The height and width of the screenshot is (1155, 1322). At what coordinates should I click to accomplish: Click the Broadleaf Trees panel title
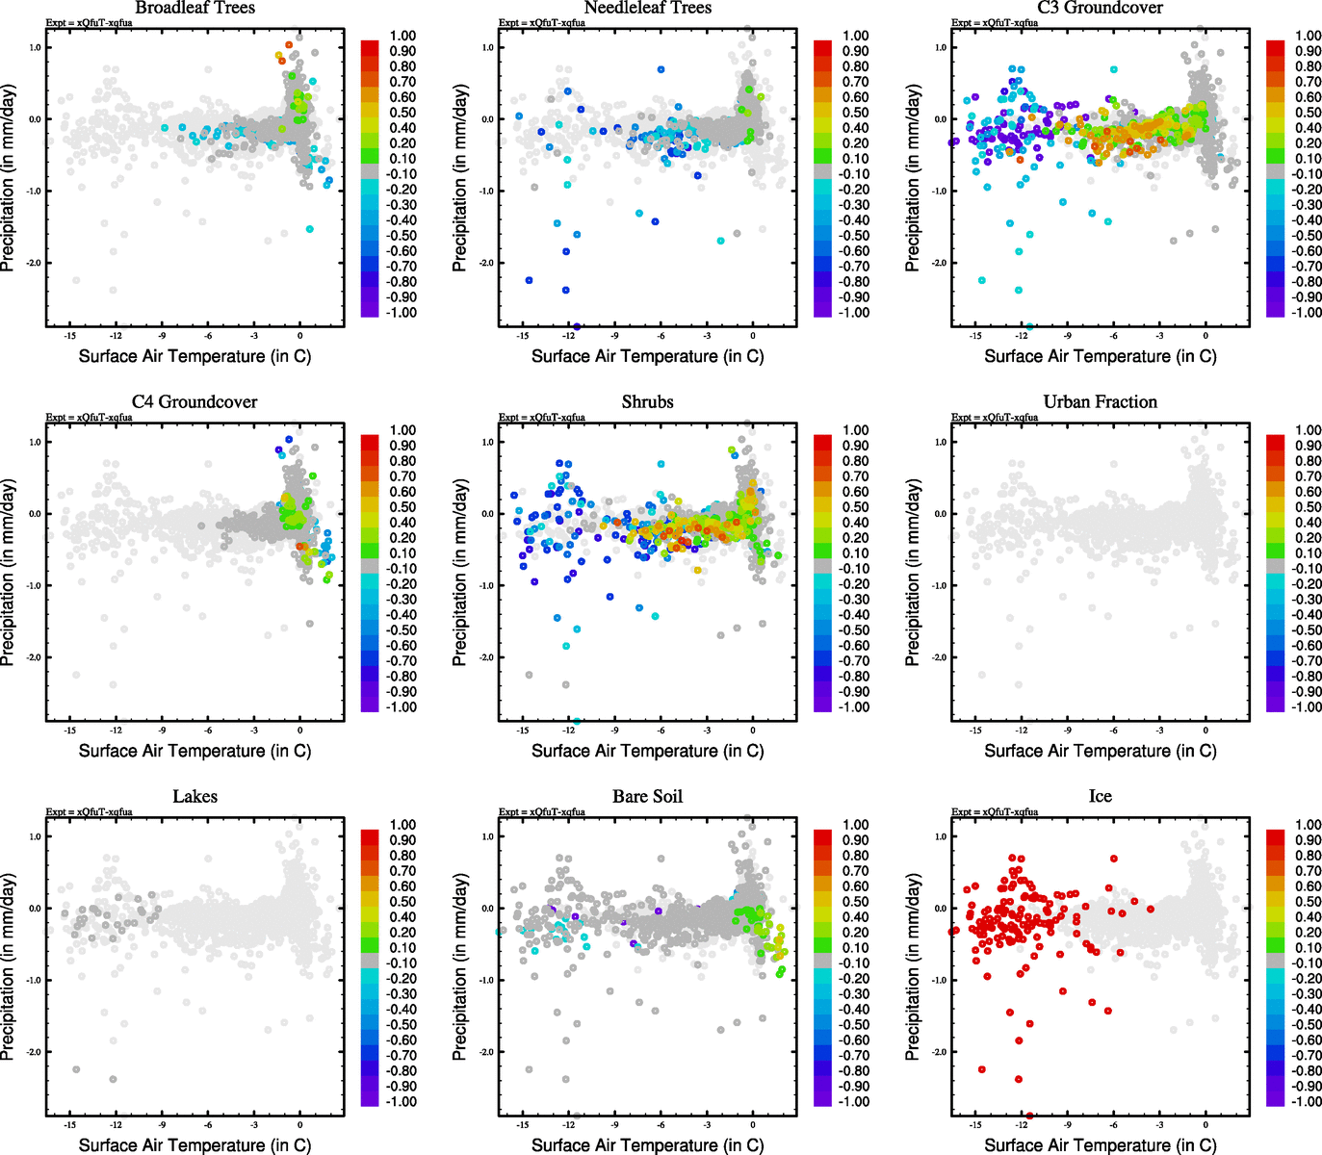pos(194,8)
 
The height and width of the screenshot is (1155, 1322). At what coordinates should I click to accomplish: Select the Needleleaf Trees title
pos(647,8)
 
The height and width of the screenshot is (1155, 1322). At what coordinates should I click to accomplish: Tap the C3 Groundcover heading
pos(1100,8)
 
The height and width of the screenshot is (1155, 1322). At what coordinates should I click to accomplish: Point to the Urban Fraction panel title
pos(1100,401)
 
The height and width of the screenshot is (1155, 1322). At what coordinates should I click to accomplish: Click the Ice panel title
pos(1100,796)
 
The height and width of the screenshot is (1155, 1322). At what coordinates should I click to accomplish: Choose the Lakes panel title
pos(194,796)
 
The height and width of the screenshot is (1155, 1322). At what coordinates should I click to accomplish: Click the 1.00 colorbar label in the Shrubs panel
pos(856,430)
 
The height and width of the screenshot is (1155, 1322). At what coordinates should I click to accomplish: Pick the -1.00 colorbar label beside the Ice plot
pos(1307,1101)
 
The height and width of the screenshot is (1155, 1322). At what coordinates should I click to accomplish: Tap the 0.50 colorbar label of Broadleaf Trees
pos(402,113)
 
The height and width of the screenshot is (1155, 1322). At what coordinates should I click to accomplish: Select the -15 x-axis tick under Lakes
pos(69,1124)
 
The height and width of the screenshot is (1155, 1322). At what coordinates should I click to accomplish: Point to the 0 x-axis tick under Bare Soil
pos(753,1124)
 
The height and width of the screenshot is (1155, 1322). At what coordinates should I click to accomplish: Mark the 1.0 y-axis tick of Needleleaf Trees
pos(487,47)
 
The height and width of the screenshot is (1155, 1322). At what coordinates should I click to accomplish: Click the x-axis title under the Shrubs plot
pos(647,751)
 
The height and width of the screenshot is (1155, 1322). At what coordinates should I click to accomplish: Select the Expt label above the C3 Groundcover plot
pos(994,22)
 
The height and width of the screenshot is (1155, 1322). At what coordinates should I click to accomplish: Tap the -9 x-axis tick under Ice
pos(1067,1124)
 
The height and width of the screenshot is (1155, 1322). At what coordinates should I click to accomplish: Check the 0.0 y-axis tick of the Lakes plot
pos(34,908)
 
